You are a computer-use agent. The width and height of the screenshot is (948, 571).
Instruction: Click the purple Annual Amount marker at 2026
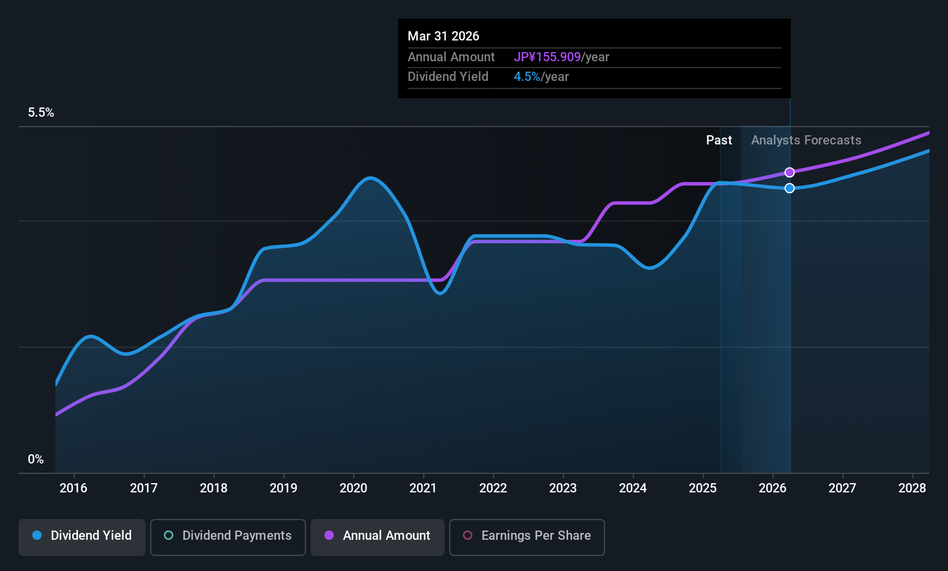click(789, 172)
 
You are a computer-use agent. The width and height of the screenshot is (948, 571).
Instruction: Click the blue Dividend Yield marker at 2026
click(789, 188)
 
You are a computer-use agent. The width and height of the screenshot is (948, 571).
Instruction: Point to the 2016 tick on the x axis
click(73, 488)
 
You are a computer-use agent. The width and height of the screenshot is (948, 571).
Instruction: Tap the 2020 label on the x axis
click(353, 488)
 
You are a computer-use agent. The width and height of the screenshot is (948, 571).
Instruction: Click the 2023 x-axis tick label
click(563, 488)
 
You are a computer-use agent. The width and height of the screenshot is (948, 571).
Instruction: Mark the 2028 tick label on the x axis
click(912, 488)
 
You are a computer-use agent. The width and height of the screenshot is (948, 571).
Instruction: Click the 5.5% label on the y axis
click(41, 113)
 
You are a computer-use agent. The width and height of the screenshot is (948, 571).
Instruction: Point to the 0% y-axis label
click(36, 459)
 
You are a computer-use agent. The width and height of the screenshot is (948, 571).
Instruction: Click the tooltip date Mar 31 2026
click(443, 36)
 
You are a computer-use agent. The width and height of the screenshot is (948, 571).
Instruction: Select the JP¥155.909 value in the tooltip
click(547, 57)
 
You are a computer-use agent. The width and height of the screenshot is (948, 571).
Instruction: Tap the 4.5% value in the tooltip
click(527, 77)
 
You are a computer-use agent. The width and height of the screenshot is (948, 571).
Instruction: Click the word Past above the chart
click(719, 140)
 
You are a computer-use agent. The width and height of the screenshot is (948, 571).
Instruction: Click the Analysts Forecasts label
click(806, 140)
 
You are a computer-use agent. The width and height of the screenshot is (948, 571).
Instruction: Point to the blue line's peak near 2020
click(370, 178)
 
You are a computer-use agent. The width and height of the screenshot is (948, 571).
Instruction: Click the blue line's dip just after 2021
click(440, 293)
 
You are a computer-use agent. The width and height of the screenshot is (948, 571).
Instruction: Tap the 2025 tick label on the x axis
click(703, 488)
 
